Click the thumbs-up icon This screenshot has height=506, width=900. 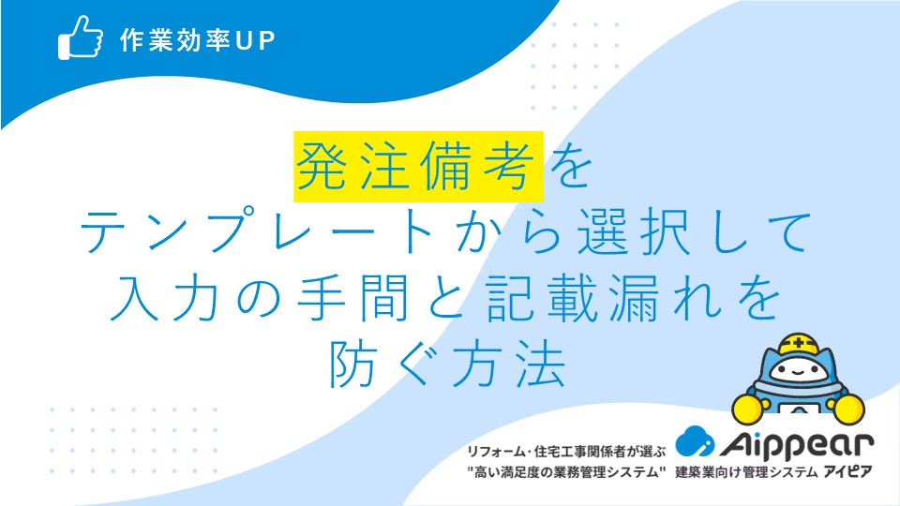pos(81,37)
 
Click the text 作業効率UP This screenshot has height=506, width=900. pos(198,40)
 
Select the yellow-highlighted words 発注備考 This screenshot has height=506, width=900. pos(418,167)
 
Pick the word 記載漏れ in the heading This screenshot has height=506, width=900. pos(602,297)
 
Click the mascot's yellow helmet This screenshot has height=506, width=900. pos(799,345)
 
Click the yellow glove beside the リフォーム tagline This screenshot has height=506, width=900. pos(749,408)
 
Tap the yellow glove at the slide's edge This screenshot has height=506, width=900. pos(848,409)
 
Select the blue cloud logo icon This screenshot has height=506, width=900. pos(695,440)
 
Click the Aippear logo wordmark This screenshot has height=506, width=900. pos(797,445)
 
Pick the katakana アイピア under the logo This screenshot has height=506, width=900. pos(848,472)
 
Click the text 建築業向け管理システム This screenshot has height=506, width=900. pos(746,472)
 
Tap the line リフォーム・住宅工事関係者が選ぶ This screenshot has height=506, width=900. pos(566,452)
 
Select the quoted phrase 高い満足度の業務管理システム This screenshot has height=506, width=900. pos(566,472)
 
